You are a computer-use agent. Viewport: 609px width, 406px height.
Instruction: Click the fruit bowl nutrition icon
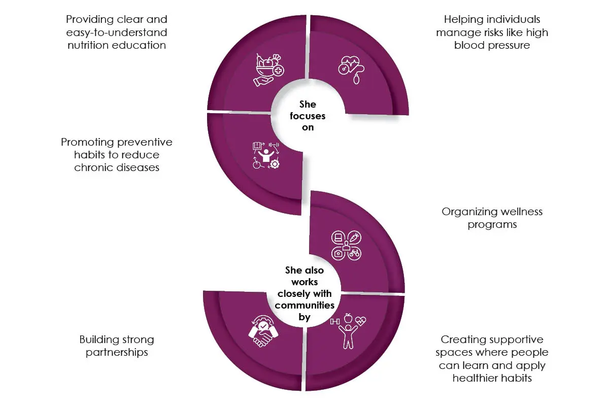tap(269, 70)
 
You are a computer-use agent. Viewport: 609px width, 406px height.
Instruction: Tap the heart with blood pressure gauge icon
tap(351, 70)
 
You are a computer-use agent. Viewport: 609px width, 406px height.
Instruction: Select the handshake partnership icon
tap(263, 331)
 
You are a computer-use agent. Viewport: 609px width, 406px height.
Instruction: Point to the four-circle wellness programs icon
tap(346, 246)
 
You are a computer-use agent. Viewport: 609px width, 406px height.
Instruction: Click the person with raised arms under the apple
tap(348, 336)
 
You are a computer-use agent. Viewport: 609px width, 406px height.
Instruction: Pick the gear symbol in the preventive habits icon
tap(275, 164)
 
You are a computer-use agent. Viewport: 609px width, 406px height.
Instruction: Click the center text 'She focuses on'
tap(308, 116)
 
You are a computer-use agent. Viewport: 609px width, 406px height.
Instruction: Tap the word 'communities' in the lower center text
tap(304, 305)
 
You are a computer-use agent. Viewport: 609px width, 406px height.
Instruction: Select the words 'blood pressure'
tap(492, 45)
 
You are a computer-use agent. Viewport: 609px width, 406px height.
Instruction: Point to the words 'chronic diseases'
tap(117, 167)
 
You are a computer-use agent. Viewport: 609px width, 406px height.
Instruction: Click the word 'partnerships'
tap(117, 352)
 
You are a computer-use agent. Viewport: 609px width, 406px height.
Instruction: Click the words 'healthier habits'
tap(492, 378)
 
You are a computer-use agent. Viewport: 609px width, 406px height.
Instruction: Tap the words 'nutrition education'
tap(117, 45)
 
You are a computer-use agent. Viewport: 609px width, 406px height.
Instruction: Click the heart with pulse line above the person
tap(360, 321)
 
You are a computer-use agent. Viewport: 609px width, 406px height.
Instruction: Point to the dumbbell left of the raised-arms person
tap(334, 322)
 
